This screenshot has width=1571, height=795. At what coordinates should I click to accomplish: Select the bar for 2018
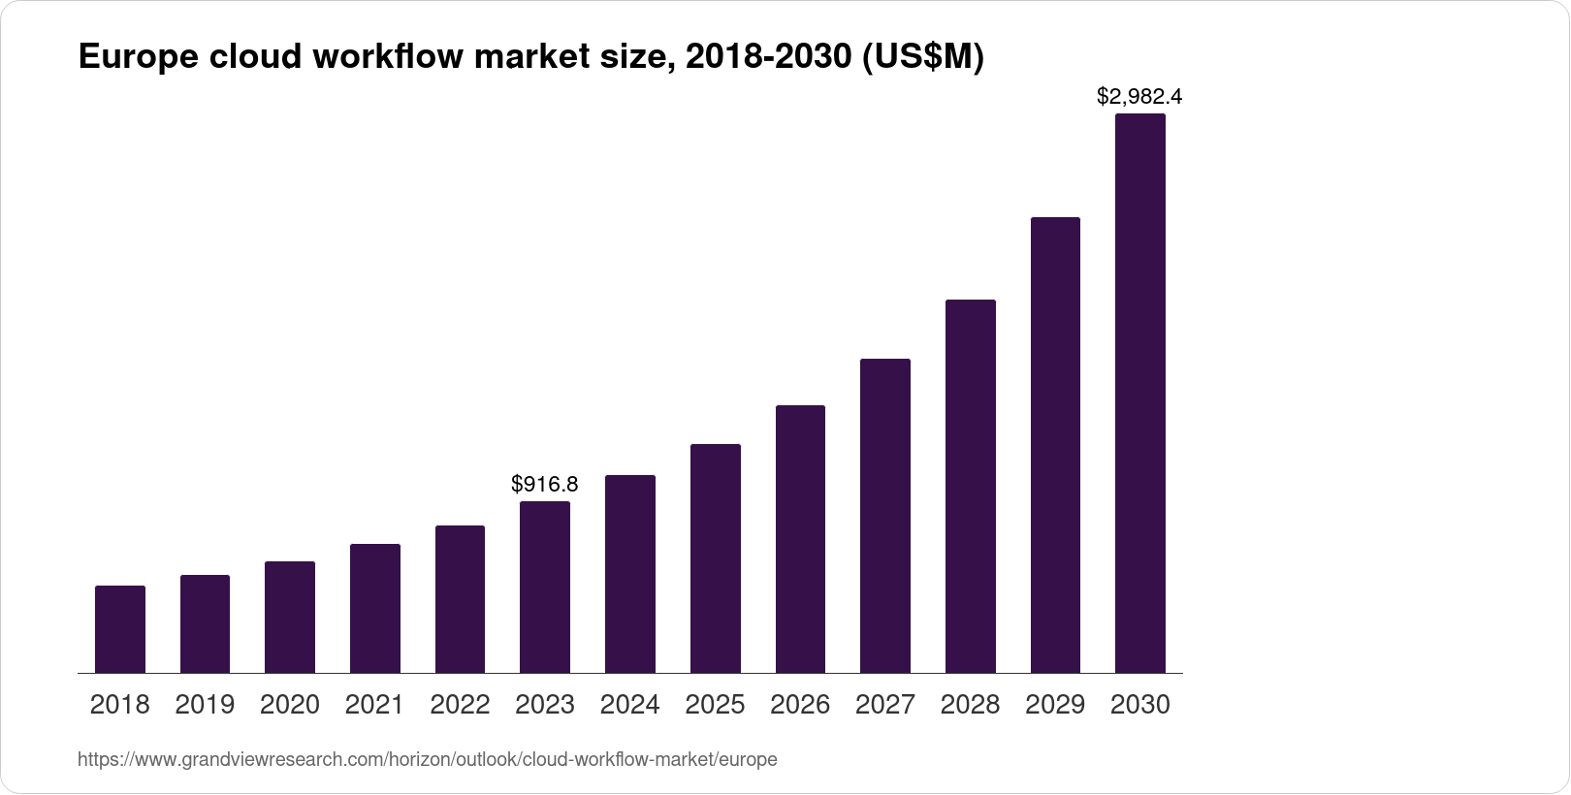pos(120,629)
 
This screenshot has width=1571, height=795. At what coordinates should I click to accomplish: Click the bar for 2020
pos(290,617)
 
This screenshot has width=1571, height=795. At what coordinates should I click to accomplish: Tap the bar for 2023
pos(545,587)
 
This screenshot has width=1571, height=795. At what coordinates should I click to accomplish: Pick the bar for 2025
pos(716,558)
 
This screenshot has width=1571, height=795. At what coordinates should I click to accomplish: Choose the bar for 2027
pos(885,516)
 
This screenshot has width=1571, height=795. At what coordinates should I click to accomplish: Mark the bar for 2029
pos(1055,445)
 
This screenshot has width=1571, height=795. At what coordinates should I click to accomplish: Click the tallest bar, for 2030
pos(1140,393)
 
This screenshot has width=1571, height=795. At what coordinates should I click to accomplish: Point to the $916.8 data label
pos(545,483)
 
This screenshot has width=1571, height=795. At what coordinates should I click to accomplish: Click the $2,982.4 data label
pos(1139,96)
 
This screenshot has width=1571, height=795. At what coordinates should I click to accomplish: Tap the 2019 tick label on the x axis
pos(205,705)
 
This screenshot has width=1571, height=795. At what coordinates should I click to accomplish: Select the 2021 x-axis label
pos(374,705)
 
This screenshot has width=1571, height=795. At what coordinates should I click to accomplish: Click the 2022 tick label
pos(460,705)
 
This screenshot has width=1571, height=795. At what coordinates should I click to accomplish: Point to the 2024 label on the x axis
pos(630,705)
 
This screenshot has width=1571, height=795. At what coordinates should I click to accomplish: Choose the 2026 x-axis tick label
pos(800,705)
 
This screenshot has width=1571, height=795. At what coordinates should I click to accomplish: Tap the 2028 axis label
pos(970,705)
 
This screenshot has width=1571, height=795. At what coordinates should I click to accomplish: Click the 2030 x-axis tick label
pos(1140,705)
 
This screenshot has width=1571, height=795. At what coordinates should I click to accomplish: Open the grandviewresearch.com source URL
pos(427,759)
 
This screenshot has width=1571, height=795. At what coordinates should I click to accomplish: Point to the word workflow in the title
pos(388,58)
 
